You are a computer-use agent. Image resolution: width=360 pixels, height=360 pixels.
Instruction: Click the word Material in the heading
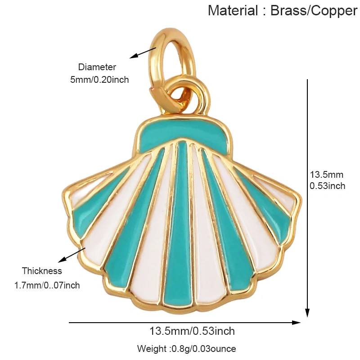[233, 10]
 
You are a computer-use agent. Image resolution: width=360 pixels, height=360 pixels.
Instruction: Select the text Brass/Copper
[314, 11]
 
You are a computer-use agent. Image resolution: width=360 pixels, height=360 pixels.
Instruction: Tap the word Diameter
[97, 67]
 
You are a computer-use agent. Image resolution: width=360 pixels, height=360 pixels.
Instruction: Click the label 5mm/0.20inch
[99, 80]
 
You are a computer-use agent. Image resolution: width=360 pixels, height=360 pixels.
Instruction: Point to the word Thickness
[42, 271]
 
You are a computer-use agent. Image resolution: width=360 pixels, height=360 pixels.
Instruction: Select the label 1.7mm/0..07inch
[47, 285]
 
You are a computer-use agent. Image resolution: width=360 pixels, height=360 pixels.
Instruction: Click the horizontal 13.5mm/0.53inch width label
[192, 331]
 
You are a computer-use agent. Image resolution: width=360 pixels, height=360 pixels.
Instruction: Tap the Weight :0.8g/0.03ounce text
[186, 348]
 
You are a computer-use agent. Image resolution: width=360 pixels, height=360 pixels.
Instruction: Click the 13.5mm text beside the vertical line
[327, 175]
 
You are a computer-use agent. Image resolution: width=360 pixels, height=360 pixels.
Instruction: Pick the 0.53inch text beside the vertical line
[328, 186]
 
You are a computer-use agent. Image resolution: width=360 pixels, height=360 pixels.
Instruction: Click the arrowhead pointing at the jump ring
[134, 56]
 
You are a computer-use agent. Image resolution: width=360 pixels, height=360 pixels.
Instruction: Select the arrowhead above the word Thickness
[62, 260]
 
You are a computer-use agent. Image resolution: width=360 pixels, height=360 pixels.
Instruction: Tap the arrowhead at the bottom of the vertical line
[307, 313]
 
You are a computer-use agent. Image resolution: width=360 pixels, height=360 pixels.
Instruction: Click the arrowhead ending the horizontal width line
[296, 323]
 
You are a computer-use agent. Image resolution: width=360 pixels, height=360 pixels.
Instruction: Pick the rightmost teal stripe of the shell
[264, 202]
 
